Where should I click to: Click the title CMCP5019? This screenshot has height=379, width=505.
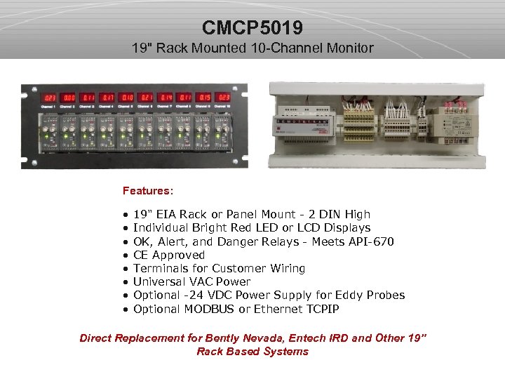tap(252, 28)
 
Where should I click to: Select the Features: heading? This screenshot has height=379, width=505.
tap(148, 190)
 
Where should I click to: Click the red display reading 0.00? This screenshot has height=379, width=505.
tap(69, 98)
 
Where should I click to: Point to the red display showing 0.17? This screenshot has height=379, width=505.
tap(108, 98)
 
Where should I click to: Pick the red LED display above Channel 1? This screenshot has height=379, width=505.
tap(50, 98)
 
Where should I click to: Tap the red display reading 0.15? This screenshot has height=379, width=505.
tap(205, 98)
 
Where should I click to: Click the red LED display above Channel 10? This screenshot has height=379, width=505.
tap(224, 98)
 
